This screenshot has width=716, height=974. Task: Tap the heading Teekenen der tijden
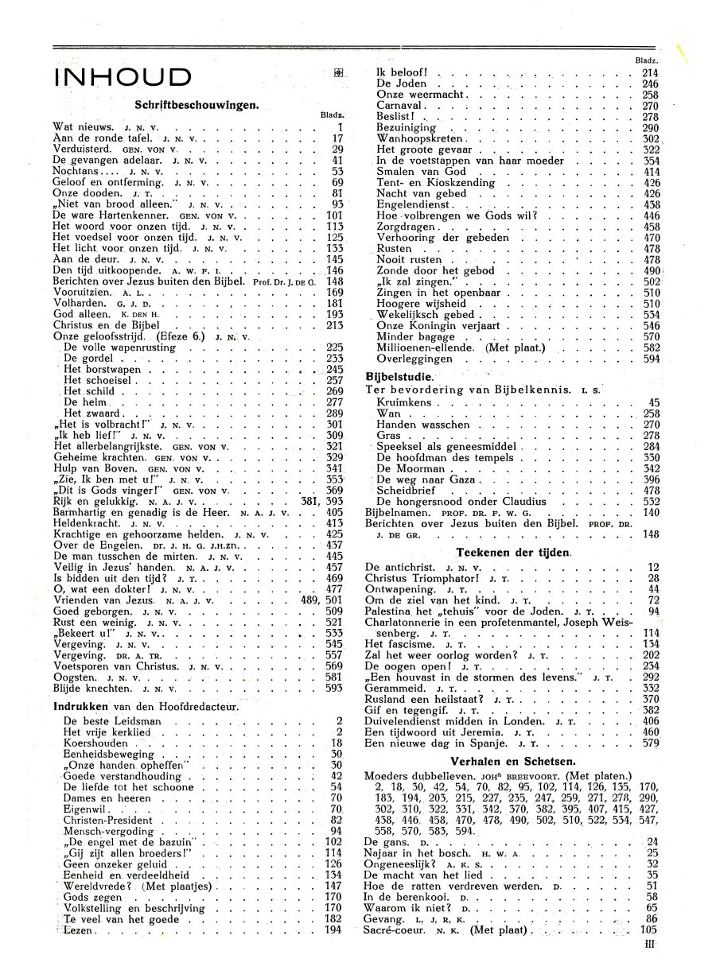pos(516,552)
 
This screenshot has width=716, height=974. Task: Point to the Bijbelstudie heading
pos(399,376)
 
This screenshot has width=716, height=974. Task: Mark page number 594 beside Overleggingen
pos(650,359)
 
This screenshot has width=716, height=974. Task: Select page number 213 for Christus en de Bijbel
pos(333,325)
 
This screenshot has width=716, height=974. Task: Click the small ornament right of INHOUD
pos(339,73)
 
